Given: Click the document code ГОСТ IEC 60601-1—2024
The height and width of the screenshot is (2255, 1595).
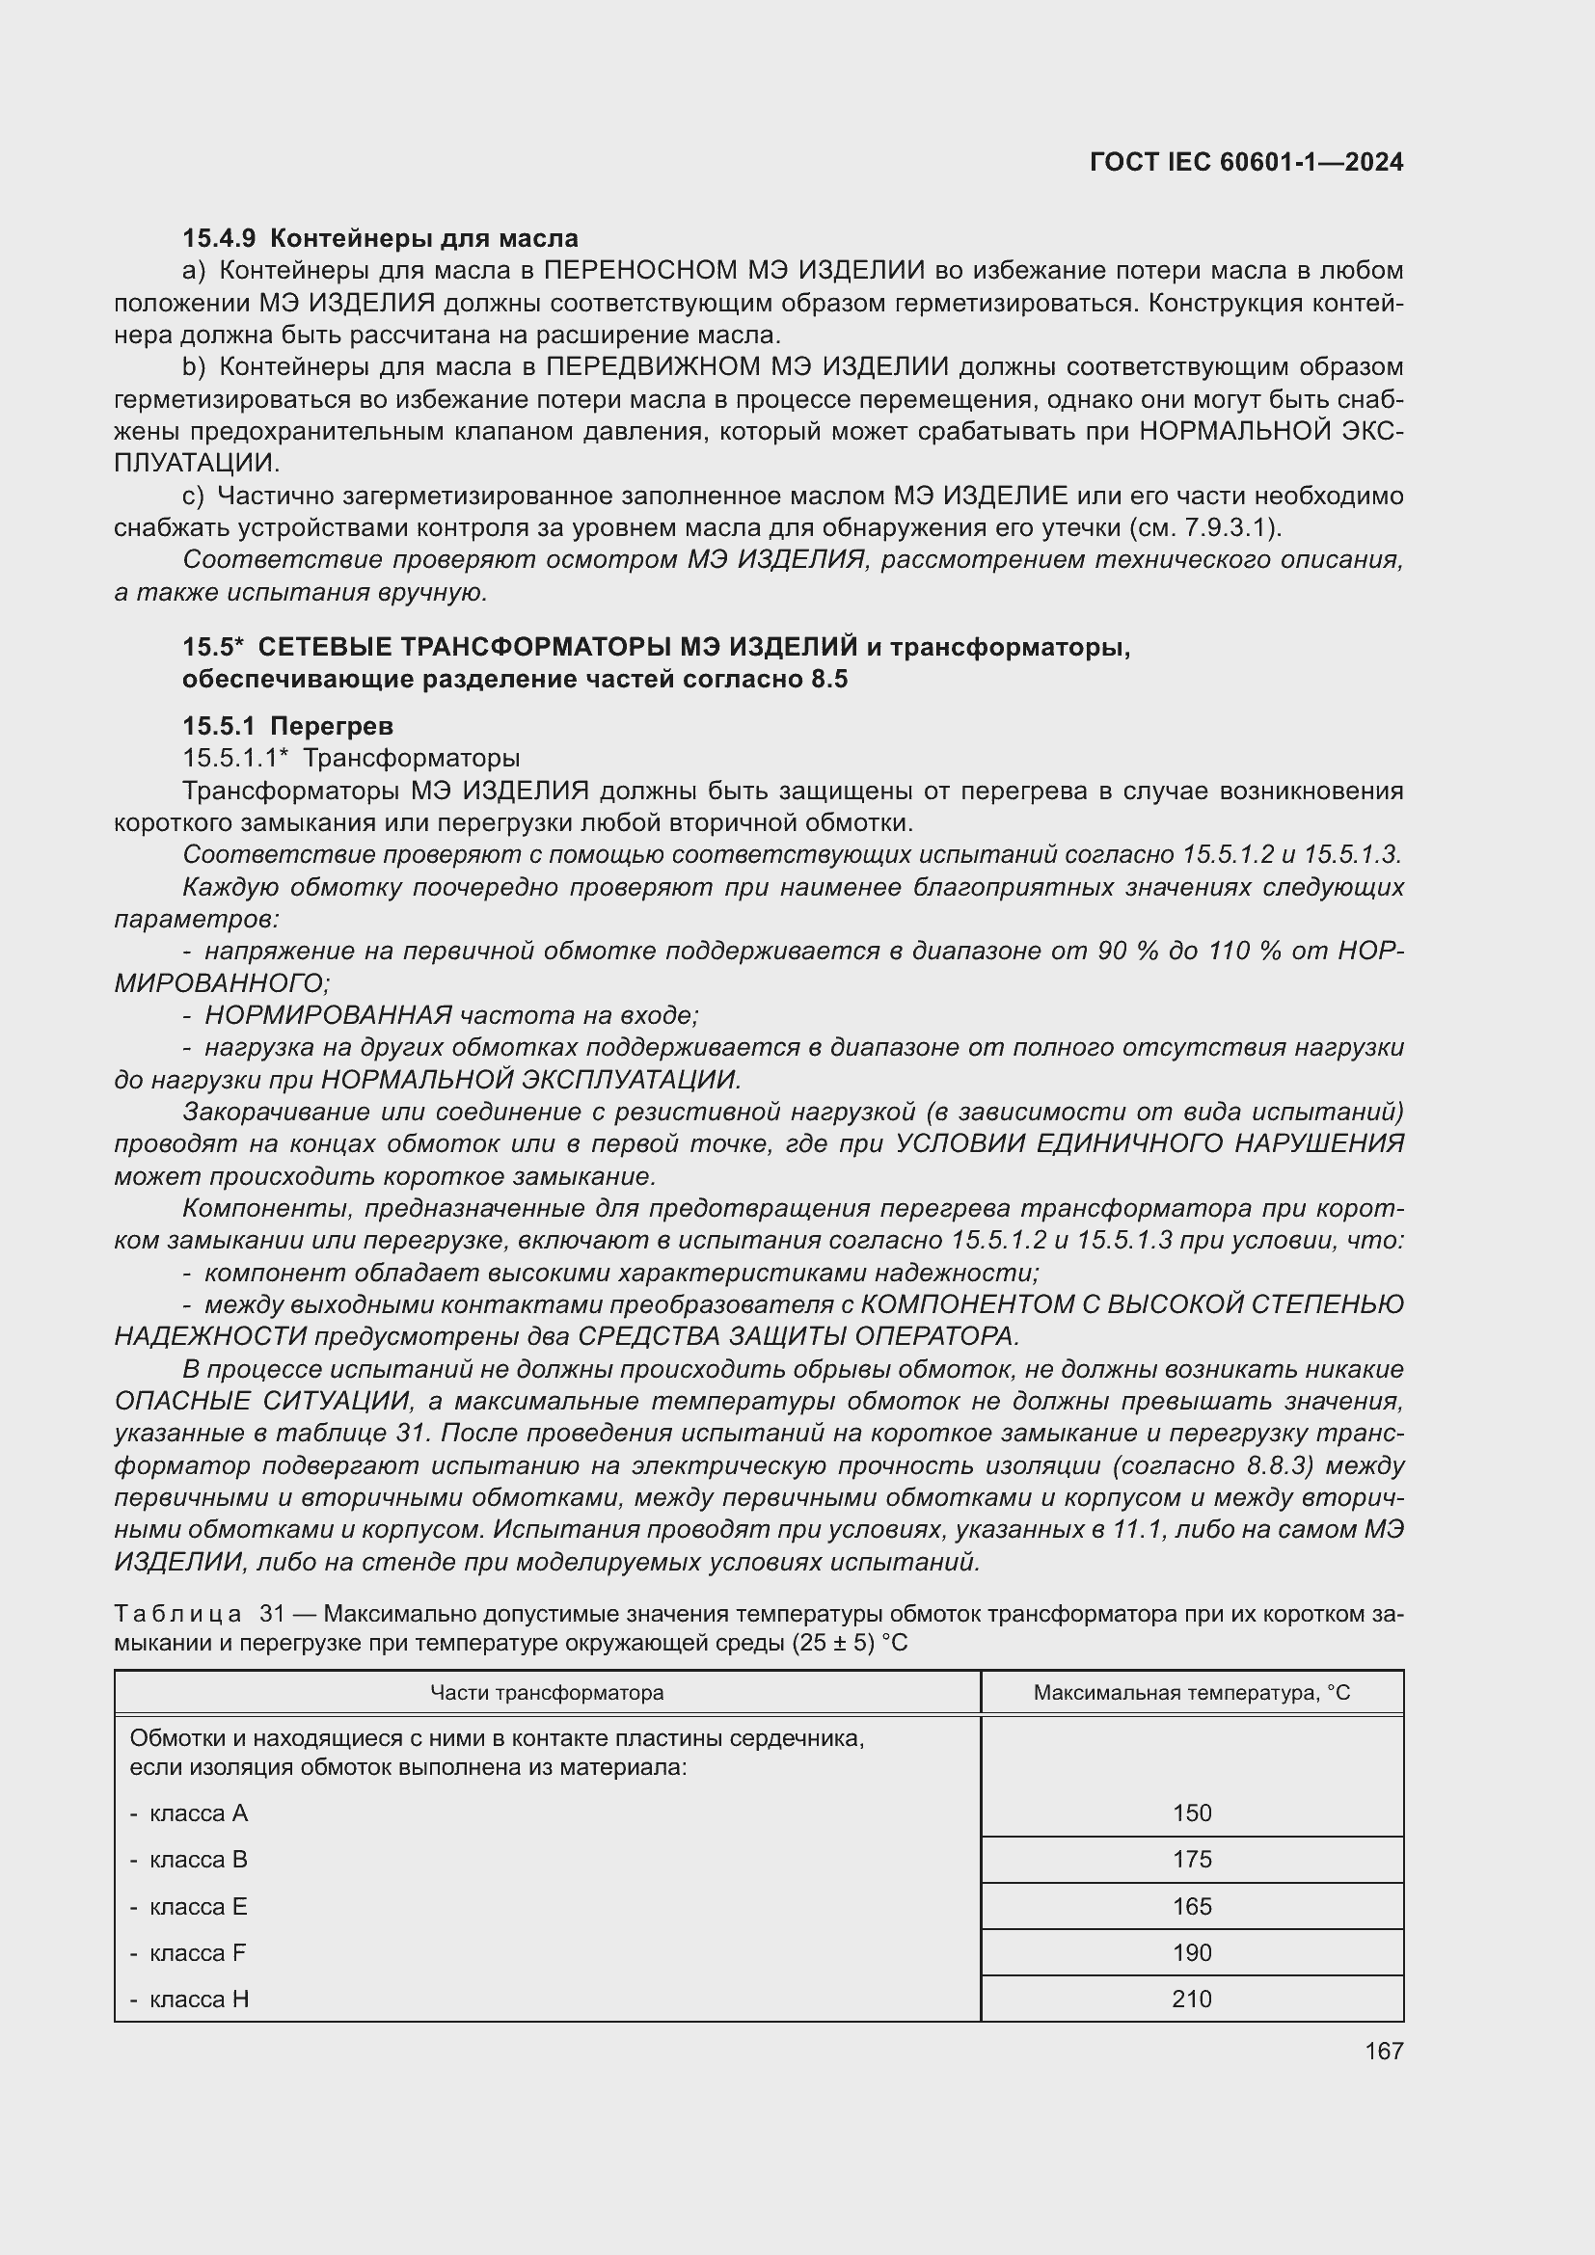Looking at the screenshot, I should click(x=1245, y=163).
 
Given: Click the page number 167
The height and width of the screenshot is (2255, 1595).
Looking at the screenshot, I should click(x=1383, y=2051).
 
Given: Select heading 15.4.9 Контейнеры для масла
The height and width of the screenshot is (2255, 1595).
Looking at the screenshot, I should click(x=380, y=239).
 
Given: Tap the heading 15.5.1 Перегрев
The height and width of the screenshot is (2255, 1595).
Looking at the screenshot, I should click(x=287, y=726).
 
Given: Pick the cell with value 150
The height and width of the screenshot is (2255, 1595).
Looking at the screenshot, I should click(x=1191, y=1813).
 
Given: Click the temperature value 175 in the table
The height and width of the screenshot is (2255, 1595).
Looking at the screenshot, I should click(x=1191, y=1859).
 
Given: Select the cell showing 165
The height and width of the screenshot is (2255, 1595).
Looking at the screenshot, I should click(x=1191, y=1906).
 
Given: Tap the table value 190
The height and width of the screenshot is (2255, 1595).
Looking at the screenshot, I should click(x=1191, y=1952).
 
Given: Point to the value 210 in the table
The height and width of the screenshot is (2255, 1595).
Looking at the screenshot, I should click(x=1191, y=1999).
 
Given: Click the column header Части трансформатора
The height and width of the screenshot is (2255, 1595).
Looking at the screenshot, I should click(x=547, y=1692).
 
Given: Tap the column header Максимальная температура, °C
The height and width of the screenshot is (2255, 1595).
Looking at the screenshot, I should click(x=1191, y=1692).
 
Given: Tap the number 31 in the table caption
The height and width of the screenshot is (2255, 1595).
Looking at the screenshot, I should click(x=270, y=1615).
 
